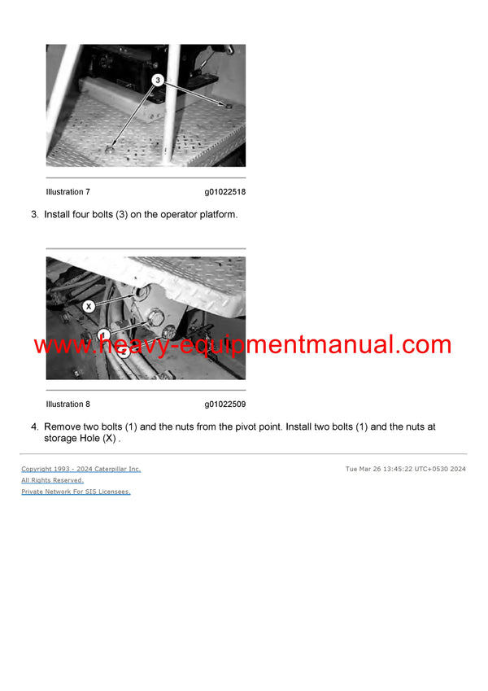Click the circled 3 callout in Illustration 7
click(x=159, y=81)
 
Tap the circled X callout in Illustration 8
click(x=89, y=306)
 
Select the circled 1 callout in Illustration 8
click(x=103, y=335)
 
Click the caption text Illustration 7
click(x=68, y=192)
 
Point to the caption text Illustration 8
click(x=68, y=405)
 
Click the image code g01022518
click(x=225, y=192)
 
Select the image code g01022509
click(x=225, y=405)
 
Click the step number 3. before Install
click(x=35, y=214)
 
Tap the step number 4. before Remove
click(x=35, y=426)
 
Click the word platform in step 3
click(x=215, y=214)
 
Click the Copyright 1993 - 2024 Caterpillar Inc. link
click(x=81, y=469)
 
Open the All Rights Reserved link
click(x=52, y=480)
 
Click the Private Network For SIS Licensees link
click(x=76, y=492)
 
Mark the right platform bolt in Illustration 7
click(x=229, y=106)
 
